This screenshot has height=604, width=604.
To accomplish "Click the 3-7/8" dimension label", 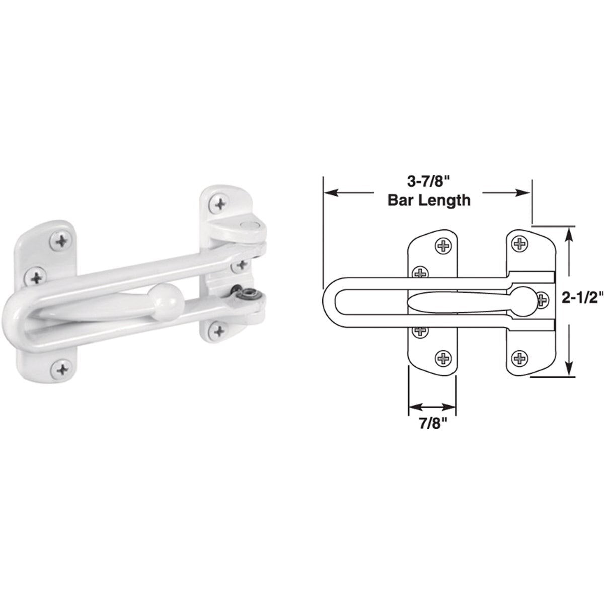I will [x=428, y=181].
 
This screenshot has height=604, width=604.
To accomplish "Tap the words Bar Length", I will [x=428, y=200].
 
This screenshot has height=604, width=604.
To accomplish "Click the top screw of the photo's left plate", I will [x=62, y=241].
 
